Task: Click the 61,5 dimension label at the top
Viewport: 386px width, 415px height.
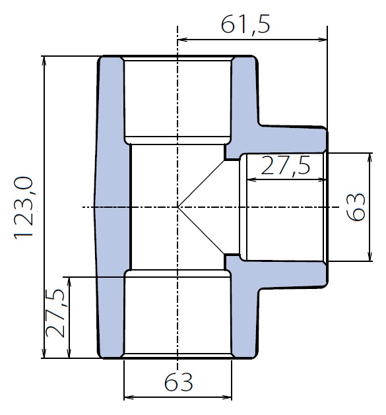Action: point(245,24)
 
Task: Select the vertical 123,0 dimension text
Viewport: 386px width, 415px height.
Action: point(24,208)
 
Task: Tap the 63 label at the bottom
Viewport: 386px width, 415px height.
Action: point(178,382)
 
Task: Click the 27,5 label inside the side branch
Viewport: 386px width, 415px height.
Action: point(286,166)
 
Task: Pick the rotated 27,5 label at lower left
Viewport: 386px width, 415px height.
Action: point(55,313)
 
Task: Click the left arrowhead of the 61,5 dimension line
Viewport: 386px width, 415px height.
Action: point(183,40)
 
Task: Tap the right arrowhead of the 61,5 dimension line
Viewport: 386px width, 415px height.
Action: point(322,40)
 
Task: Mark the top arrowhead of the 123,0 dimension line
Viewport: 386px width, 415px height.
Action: point(44,61)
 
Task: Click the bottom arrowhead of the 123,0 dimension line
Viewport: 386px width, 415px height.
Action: point(44,353)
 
